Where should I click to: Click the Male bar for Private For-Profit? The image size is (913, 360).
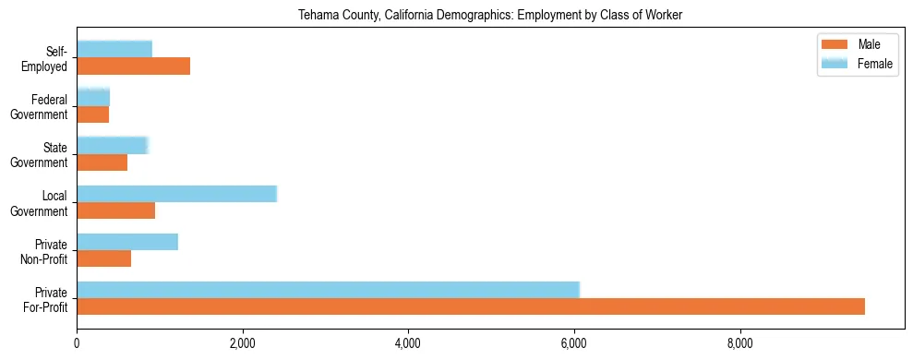tap(471, 306)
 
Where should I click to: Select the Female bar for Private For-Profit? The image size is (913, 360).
tap(328, 290)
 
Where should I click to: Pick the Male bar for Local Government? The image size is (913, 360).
tap(115, 210)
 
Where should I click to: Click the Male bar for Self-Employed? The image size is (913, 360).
tap(133, 66)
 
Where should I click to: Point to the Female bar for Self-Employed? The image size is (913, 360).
tap(114, 49)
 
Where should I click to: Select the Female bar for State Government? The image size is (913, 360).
tap(112, 145)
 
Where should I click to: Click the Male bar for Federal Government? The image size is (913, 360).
tap(92, 114)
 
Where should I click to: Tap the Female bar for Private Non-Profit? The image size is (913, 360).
tap(126, 242)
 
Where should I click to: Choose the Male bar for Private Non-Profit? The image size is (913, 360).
tap(103, 258)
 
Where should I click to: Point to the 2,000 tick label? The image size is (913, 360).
tap(242, 344)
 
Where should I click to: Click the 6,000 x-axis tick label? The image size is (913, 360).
tap(574, 344)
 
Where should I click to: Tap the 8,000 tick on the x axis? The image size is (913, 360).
tap(740, 344)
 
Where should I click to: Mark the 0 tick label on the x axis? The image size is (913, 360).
tap(77, 344)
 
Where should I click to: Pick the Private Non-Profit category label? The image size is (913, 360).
tap(46, 251)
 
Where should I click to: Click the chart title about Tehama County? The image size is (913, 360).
tap(490, 16)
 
